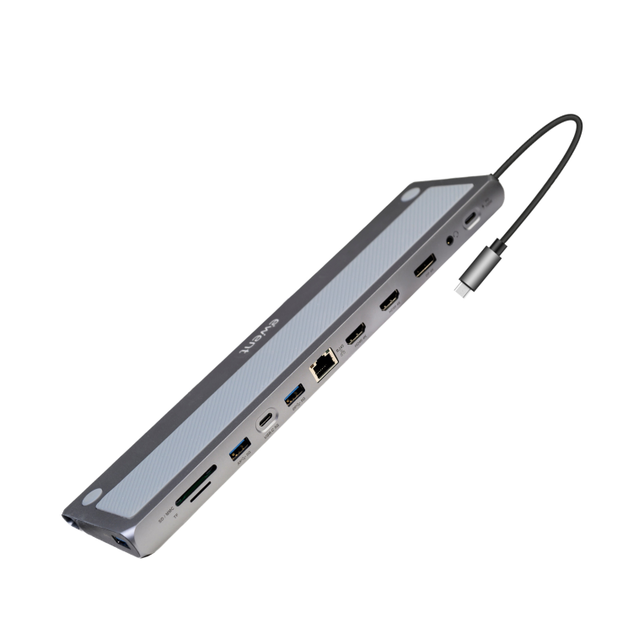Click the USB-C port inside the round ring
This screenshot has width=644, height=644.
pyautogui.click(x=267, y=420)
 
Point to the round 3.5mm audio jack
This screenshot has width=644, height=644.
pyautogui.click(x=454, y=239)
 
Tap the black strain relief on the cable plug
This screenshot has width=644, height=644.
pyautogui.click(x=498, y=249)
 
